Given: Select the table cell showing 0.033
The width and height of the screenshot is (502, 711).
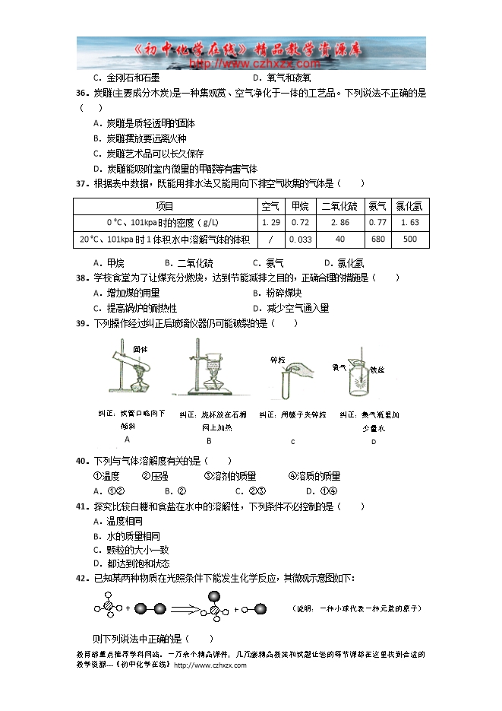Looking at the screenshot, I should [301, 239].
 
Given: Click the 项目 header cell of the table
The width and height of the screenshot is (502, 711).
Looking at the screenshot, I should [165, 206].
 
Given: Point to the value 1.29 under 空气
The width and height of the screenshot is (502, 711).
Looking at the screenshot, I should [270, 222].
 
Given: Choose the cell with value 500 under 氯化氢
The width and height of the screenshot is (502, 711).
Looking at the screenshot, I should [411, 239].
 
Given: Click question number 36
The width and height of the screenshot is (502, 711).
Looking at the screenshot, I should [83, 93].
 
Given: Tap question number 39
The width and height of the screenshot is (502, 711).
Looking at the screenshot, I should [83, 323].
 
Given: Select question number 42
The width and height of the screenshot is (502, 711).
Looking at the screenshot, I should [83, 578].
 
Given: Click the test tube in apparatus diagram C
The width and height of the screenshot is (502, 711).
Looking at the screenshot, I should [286, 384].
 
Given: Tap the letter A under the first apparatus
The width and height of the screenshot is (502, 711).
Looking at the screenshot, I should [127, 439].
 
